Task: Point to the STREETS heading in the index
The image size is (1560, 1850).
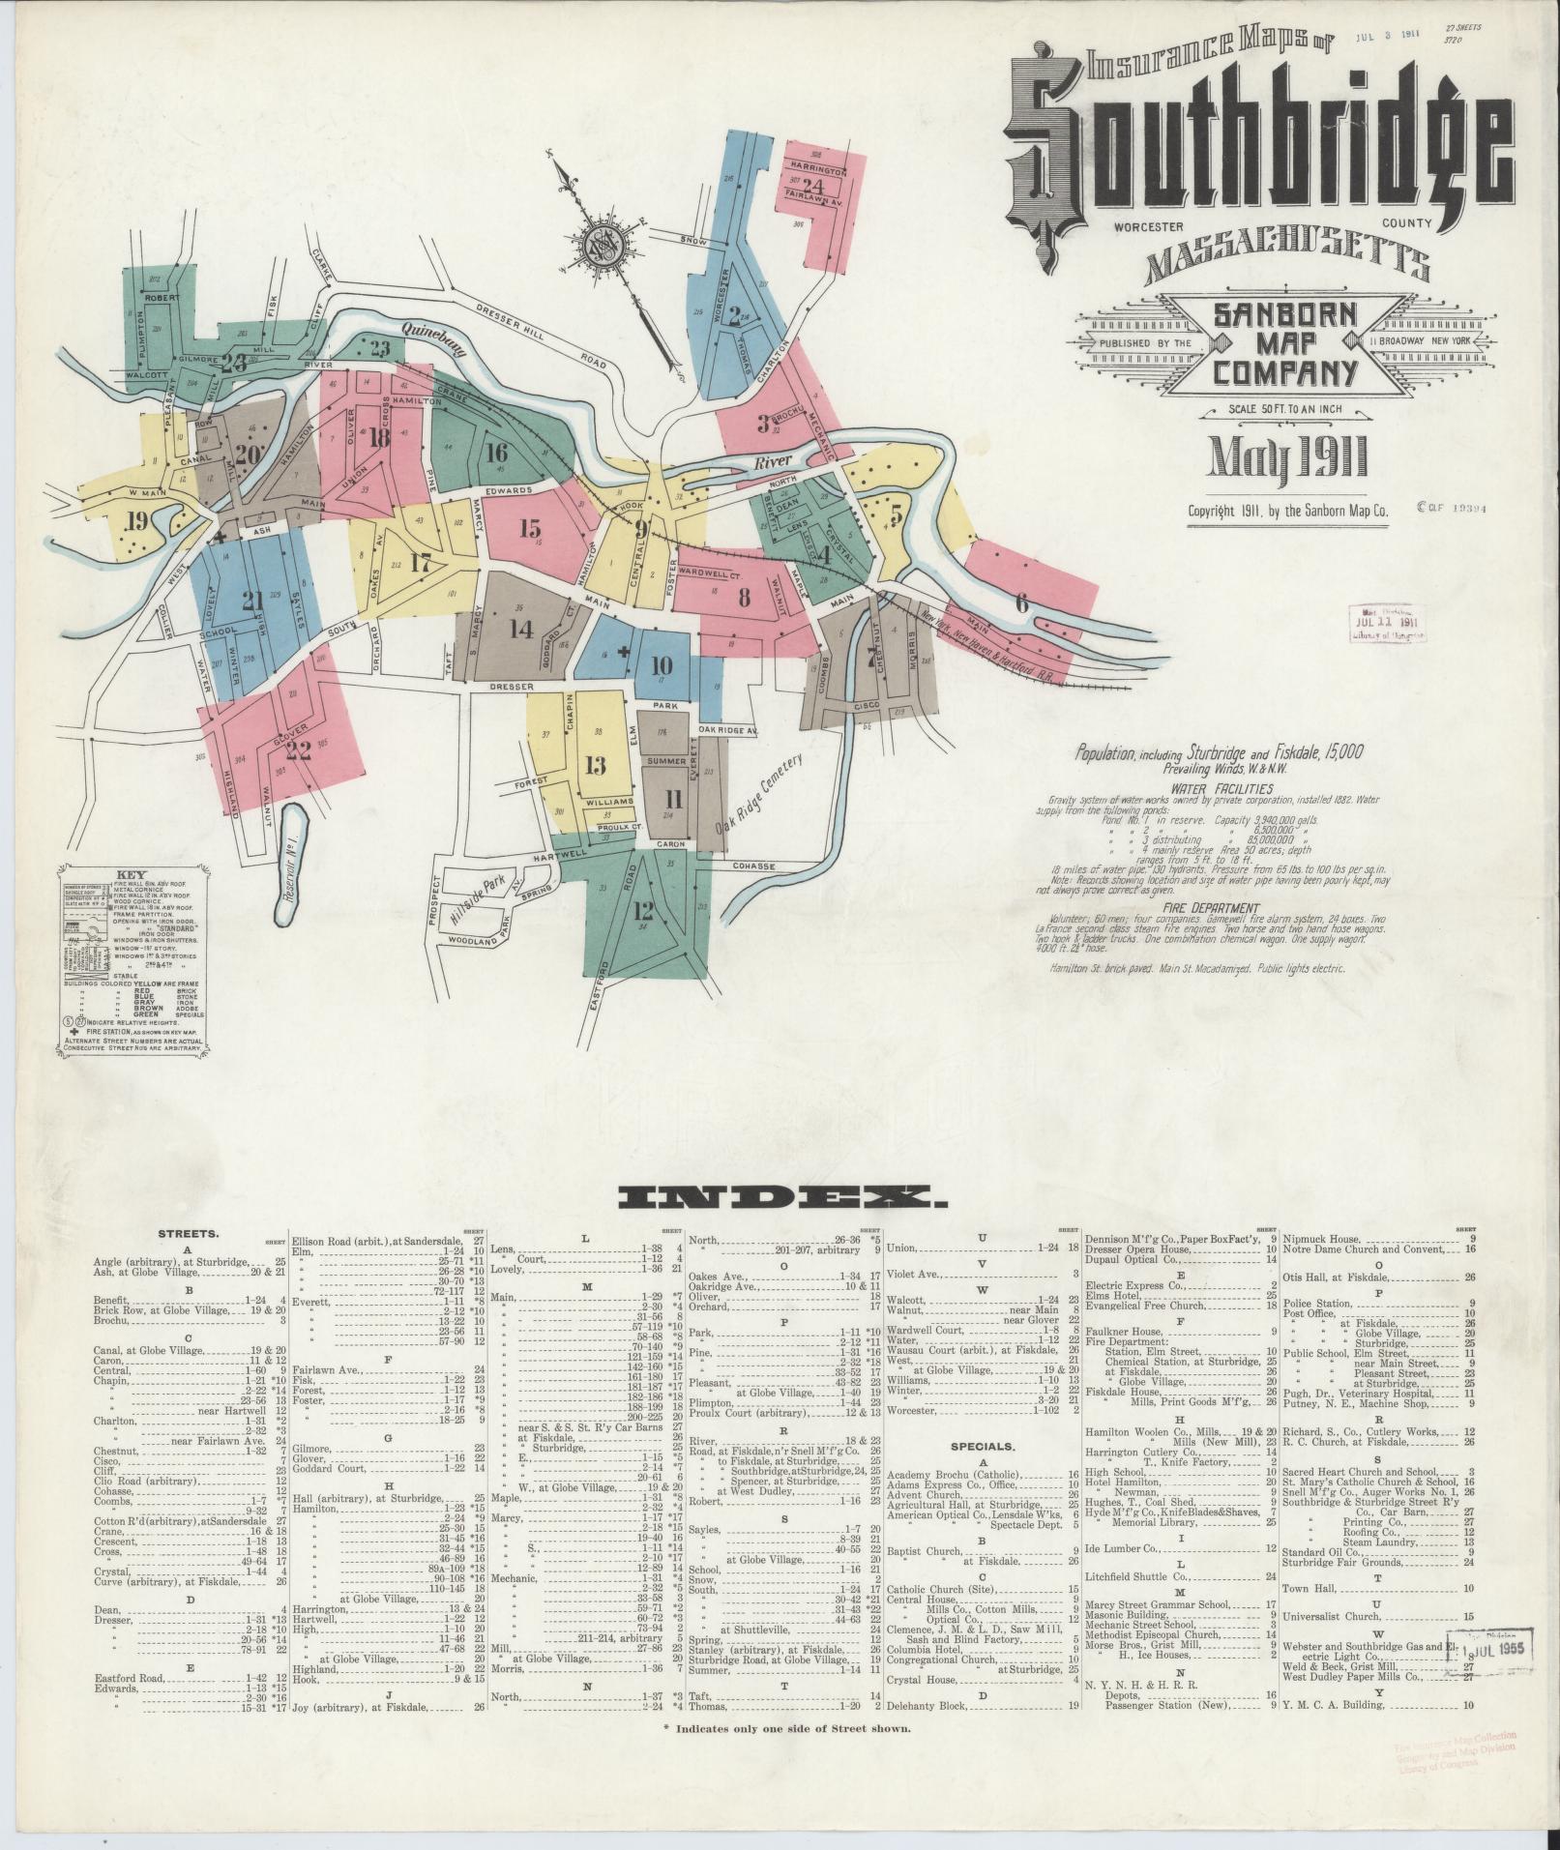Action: (x=189, y=1234)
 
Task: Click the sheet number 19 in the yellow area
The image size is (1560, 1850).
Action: (x=137, y=522)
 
